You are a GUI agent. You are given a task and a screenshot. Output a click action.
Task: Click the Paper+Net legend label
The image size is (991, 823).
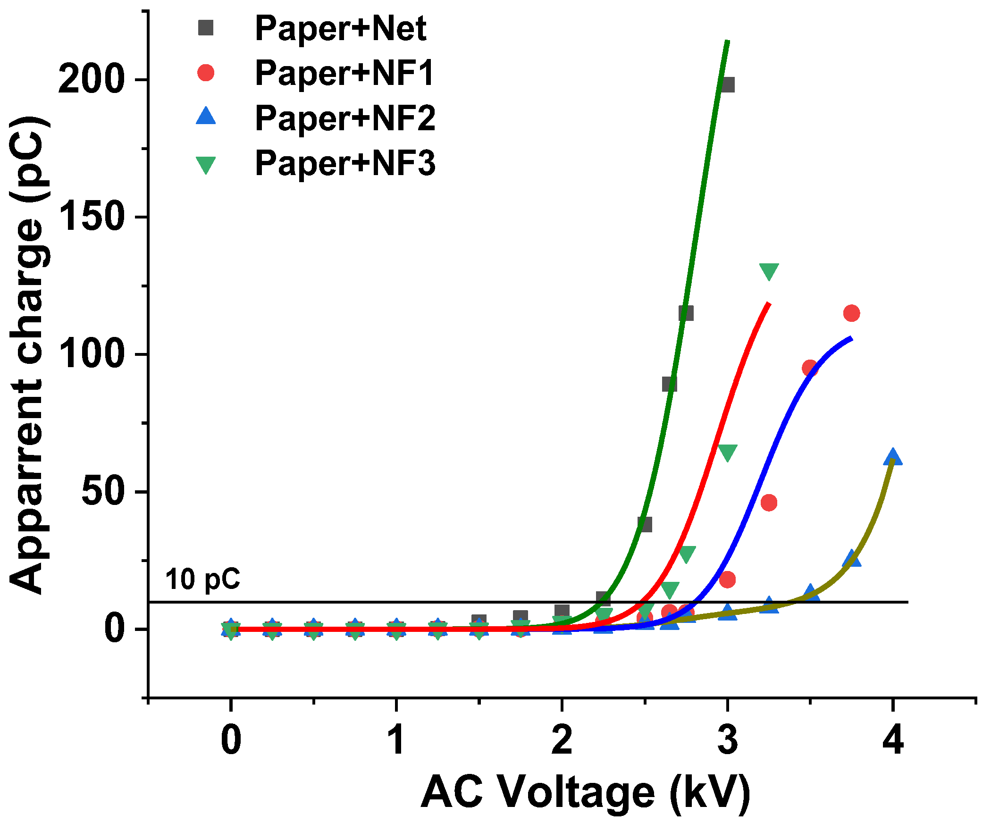[340, 29]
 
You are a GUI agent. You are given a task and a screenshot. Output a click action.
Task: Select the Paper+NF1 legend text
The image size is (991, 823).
[344, 74]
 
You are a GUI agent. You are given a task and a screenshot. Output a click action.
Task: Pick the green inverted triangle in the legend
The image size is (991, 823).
[206, 165]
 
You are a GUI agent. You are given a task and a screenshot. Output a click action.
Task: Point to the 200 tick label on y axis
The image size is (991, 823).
[91, 79]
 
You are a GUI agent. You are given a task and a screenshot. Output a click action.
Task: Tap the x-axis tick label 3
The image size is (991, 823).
[727, 739]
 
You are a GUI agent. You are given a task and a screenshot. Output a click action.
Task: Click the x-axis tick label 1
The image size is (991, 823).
[396, 739]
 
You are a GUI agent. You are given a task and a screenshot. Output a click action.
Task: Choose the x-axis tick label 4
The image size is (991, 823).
[892, 739]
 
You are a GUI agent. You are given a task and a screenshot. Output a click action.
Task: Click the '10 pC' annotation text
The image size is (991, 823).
[202, 580]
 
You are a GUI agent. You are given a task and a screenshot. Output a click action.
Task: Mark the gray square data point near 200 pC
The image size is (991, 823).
[728, 85]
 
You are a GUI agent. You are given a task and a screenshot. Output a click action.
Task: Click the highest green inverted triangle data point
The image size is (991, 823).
[769, 271]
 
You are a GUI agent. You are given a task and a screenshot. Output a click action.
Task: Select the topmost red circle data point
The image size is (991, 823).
[851, 313]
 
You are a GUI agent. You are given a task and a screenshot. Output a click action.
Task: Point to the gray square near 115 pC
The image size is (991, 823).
[686, 313]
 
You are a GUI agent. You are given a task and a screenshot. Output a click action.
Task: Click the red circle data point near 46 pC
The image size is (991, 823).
[769, 503]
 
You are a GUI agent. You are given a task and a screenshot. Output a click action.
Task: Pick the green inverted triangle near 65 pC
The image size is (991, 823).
[727, 452]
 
